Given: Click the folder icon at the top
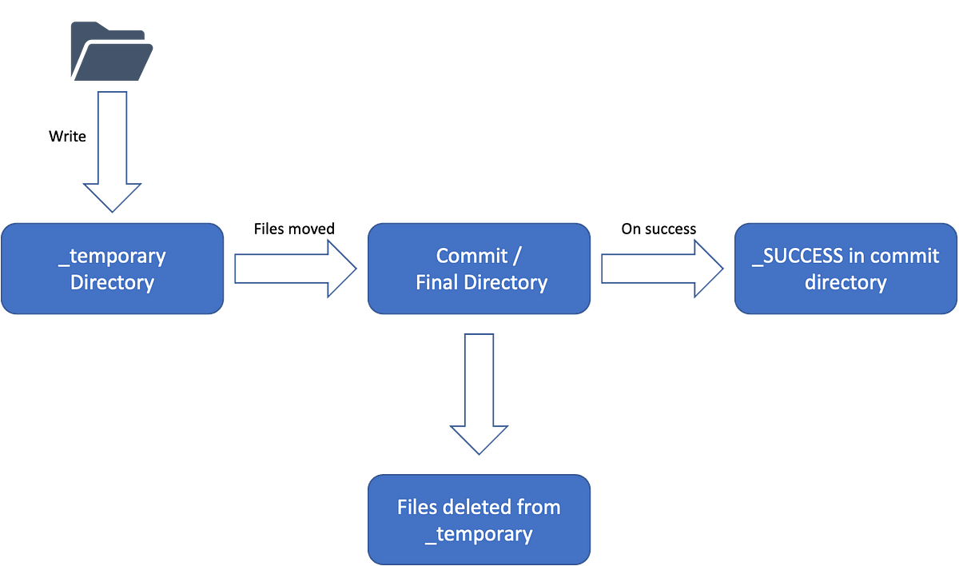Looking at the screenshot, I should tap(110, 51).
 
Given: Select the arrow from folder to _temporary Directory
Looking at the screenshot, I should tap(112, 152).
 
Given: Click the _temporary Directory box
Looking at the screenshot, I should tap(113, 269).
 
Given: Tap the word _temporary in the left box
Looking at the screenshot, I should tap(112, 257).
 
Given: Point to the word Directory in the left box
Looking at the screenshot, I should tap(112, 282).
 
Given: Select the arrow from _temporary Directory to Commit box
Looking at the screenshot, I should tap(294, 269).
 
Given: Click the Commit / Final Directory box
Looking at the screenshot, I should tap(479, 269).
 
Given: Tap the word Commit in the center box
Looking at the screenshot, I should tap(472, 256).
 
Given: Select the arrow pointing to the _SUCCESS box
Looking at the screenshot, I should tap(662, 269).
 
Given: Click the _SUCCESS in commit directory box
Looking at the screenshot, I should tap(845, 269).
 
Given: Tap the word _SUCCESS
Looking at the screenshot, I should tap(798, 256).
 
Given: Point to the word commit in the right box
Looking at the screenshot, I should tap(905, 256).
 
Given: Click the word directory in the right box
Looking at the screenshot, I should tap(845, 282).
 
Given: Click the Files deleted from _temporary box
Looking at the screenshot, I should tap(479, 520).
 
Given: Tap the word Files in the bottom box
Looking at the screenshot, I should tap(416, 508).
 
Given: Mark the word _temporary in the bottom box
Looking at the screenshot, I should tap(479, 533).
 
